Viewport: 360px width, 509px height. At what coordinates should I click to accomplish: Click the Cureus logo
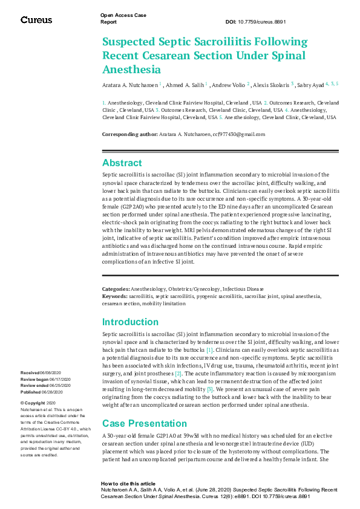(x=36, y=20)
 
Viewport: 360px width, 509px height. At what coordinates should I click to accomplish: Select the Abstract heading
(x=122, y=163)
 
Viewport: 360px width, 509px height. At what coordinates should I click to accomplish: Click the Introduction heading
(x=131, y=322)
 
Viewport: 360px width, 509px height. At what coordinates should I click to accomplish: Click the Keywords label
(x=115, y=296)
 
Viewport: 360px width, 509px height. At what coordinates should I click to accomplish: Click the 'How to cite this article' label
(x=128, y=484)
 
